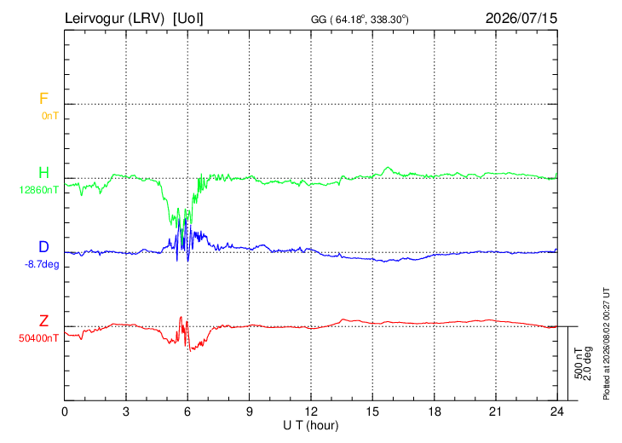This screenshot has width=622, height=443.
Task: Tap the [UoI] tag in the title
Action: click(x=187, y=18)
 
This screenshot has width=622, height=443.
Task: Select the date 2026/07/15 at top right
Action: click(x=521, y=18)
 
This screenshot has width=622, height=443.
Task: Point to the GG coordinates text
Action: click(x=360, y=19)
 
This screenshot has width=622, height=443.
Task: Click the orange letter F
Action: click(x=43, y=98)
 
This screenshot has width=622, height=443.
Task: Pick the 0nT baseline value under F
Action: click(x=50, y=116)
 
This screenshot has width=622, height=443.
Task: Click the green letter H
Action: click(x=43, y=173)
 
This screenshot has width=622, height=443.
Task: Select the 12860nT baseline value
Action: click(x=39, y=190)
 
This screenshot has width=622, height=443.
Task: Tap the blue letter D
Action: click(x=43, y=247)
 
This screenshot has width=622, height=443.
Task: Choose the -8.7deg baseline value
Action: click(x=42, y=264)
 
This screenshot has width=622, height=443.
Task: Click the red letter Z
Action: click(x=43, y=321)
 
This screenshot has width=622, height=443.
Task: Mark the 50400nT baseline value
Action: click(x=39, y=338)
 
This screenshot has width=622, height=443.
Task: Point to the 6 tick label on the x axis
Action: click(x=187, y=412)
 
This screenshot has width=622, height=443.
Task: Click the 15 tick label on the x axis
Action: click(x=372, y=412)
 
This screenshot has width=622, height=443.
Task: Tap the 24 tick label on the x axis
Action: click(x=557, y=412)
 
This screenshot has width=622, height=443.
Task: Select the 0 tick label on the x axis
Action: click(x=64, y=412)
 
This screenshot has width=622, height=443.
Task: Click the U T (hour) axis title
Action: click(x=311, y=426)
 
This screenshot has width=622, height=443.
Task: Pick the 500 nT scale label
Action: click(x=579, y=363)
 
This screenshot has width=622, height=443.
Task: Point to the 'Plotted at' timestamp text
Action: click(x=606, y=343)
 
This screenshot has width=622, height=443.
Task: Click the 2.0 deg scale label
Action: click(x=588, y=364)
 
